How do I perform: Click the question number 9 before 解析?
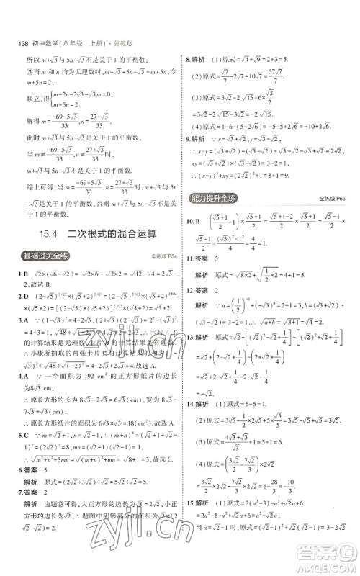click(x=189, y=138)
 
